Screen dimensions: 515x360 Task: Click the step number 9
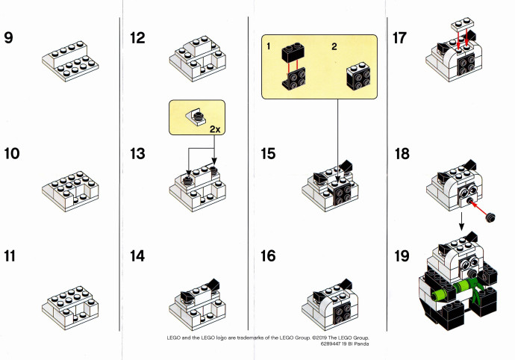tap(8, 37)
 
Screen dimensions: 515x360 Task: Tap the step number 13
tap(137, 154)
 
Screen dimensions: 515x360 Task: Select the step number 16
tap(268, 255)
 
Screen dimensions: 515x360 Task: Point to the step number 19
tap(402, 255)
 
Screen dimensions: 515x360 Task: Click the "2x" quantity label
tap(215, 129)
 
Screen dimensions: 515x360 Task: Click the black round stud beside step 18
tap(490, 217)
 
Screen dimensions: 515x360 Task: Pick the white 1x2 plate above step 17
tap(463, 25)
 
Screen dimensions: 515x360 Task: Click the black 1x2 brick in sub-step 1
tap(293, 52)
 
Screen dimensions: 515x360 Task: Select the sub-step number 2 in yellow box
tap(334, 46)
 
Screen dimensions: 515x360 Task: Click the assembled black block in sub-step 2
tap(358, 77)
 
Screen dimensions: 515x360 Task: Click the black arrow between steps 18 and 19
tap(461, 221)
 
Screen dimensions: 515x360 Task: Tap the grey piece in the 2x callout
tap(197, 118)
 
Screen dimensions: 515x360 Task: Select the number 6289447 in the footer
tap(331, 344)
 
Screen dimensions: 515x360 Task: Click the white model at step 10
tap(70, 190)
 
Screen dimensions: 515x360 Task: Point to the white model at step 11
tap(70, 308)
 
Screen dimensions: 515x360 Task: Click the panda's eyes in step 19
tap(469, 262)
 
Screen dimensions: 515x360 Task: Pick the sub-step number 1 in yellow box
tap(269, 46)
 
